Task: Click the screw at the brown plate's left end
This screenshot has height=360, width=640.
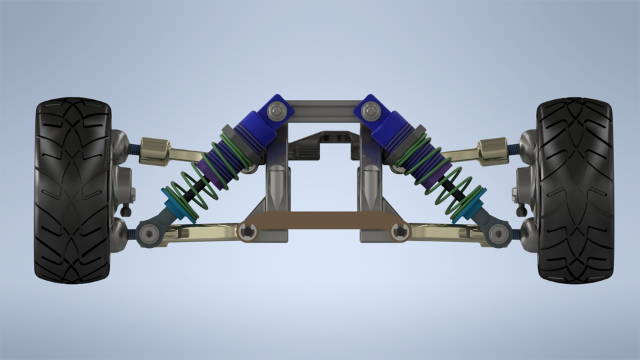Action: tap(249, 231)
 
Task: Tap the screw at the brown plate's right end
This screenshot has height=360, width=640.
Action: tap(400, 231)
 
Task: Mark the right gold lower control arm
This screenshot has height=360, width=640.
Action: tap(447, 231)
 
